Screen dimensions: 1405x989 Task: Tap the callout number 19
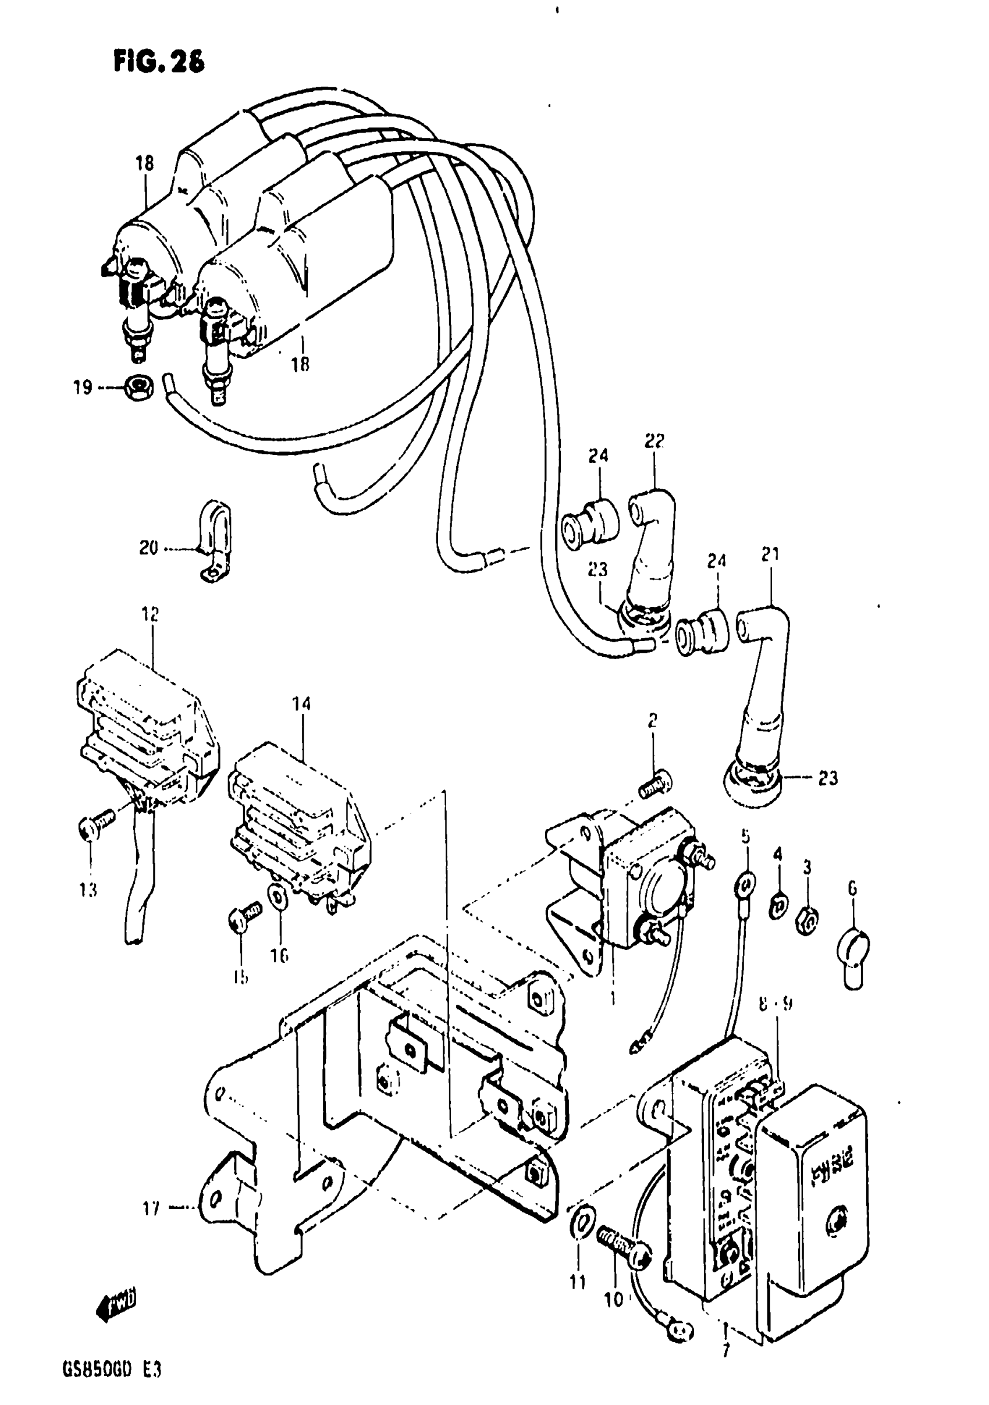[x=83, y=387]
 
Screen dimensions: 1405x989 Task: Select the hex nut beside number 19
[x=138, y=387]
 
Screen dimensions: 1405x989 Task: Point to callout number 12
[x=150, y=614]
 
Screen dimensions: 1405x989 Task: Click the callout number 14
[x=301, y=704]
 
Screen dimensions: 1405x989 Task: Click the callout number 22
[x=654, y=440]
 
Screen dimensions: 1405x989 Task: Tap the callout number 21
[x=770, y=554]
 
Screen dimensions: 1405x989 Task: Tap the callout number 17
[x=151, y=1208]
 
